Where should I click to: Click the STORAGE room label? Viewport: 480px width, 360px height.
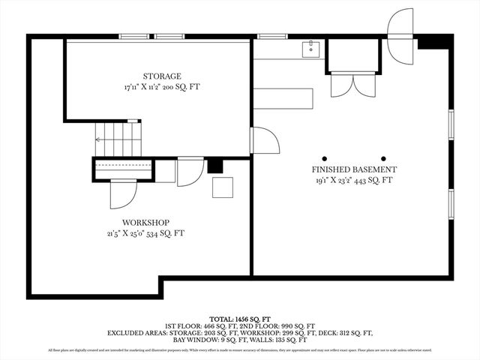click(x=162, y=76)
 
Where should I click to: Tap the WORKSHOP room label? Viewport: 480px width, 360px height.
click(x=145, y=223)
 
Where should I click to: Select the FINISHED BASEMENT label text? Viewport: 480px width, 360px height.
click(x=354, y=169)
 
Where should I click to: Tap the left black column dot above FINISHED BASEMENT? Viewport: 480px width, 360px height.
click(x=325, y=158)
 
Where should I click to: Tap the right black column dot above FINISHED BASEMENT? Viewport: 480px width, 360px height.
click(x=384, y=158)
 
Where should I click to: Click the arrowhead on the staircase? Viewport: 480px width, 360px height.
click(x=97, y=139)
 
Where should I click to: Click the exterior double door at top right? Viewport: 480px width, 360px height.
click(x=401, y=36)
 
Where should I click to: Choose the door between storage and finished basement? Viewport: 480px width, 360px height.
click(x=264, y=141)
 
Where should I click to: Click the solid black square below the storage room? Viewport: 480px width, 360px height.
click(x=215, y=166)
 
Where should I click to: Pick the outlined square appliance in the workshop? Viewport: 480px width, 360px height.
click(x=223, y=187)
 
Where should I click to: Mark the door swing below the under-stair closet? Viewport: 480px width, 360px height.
click(x=122, y=194)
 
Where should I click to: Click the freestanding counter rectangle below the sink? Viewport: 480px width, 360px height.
click(x=283, y=99)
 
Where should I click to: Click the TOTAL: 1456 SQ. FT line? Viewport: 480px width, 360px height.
click(x=240, y=319)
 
